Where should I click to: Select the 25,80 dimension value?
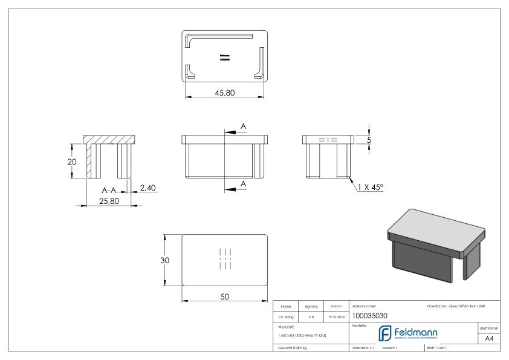pyautogui.click(x=109, y=200)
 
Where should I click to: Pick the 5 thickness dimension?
pyautogui.click(x=369, y=140)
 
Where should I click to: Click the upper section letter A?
pyautogui.click(x=244, y=126)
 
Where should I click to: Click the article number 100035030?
pyautogui.click(x=371, y=315)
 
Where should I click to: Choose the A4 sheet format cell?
pyautogui.click(x=490, y=339)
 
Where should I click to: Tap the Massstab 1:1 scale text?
pyautogui.click(x=363, y=349)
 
